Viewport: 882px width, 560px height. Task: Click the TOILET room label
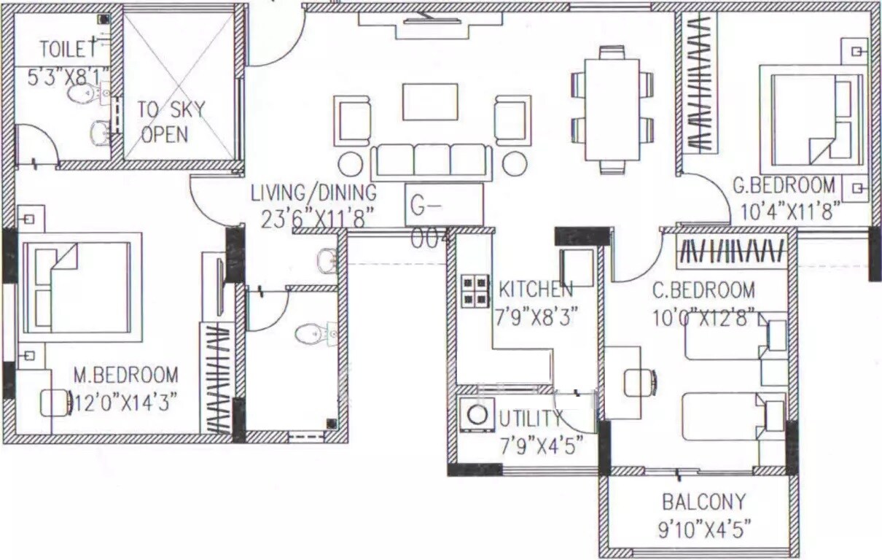(x=67, y=50)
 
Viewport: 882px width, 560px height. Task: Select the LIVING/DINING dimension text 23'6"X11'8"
(x=317, y=217)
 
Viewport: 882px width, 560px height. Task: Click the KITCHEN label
(x=536, y=289)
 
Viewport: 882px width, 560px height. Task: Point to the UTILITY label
(x=531, y=419)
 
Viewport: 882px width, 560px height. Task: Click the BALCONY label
(x=703, y=502)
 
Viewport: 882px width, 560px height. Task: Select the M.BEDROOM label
(x=125, y=376)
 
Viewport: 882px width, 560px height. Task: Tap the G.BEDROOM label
(x=784, y=184)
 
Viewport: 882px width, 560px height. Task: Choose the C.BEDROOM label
(x=703, y=291)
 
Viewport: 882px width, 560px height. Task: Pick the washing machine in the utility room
(x=477, y=415)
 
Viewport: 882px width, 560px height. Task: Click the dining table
(x=612, y=109)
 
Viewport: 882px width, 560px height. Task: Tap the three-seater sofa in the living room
(x=431, y=160)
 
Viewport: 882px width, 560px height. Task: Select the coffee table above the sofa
(x=430, y=101)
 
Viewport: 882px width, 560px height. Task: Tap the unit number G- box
(x=443, y=205)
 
